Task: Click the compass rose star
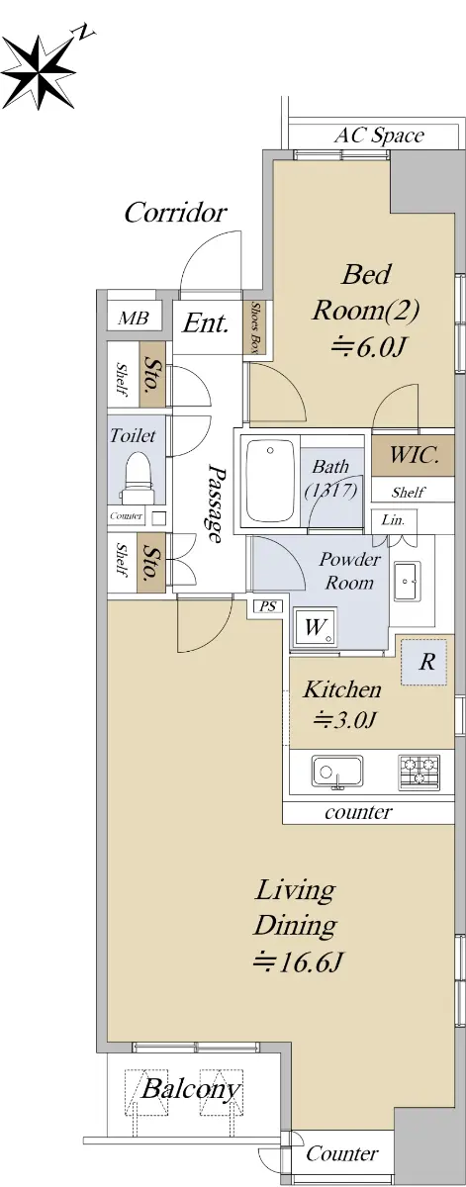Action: [x=39, y=72]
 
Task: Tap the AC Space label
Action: [x=379, y=136]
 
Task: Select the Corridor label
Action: [x=175, y=213]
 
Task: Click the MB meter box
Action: [x=133, y=318]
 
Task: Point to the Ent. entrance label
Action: [x=205, y=323]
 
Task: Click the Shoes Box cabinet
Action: [x=256, y=327]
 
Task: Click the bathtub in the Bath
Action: [x=270, y=481]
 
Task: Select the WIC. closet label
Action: [x=414, y=455]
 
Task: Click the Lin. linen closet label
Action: [x=393, y=520]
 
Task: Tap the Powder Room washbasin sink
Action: [x=408, y=582]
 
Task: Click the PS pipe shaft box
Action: [x=268, y=606]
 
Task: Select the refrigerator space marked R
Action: [x=423, y=662]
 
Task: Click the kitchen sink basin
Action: [x=337, y=772]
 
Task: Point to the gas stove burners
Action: [x=419, y=772]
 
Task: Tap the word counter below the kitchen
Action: [x=358, y=812]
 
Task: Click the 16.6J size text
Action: [x=299, y=961]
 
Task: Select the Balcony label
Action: [x=190, y=1089]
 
